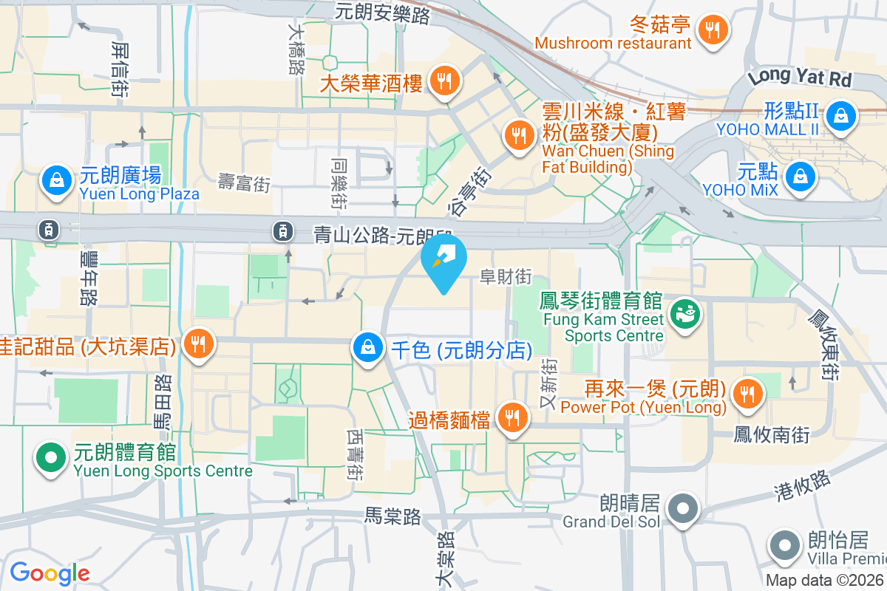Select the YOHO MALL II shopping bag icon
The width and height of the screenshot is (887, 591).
pos(840,115)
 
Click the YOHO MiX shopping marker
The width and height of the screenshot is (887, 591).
pos(799,177)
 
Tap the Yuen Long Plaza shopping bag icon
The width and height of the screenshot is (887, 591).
pos(55,180)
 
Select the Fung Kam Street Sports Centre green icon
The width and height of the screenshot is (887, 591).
pos(684,312)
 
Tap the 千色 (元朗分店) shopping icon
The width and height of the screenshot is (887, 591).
pos(367,347)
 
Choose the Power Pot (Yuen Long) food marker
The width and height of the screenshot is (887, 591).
pos(748,393)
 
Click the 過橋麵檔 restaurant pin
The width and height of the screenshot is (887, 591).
pos(511,418)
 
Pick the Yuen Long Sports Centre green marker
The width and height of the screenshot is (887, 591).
pos(50,457)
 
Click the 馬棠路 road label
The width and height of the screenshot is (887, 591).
pos(392,516)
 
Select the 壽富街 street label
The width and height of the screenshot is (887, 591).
pos(244,183)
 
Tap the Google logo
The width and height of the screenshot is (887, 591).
pos(50,573)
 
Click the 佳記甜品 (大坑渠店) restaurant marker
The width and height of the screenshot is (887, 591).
pos(197,344)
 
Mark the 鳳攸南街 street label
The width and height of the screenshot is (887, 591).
pos(772,434)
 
